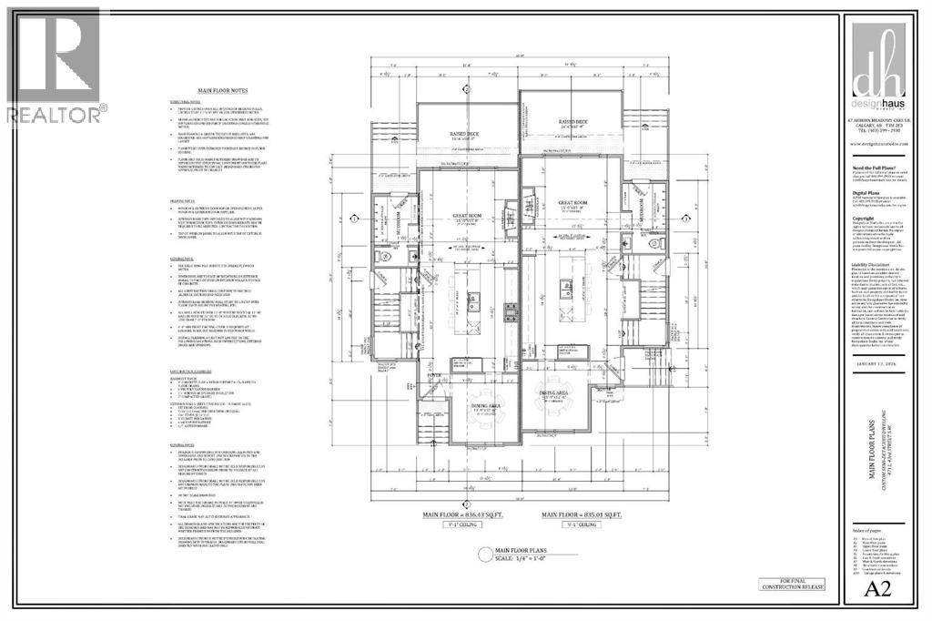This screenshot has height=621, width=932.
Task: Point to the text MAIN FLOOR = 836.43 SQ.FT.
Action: [x=464, y=514]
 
